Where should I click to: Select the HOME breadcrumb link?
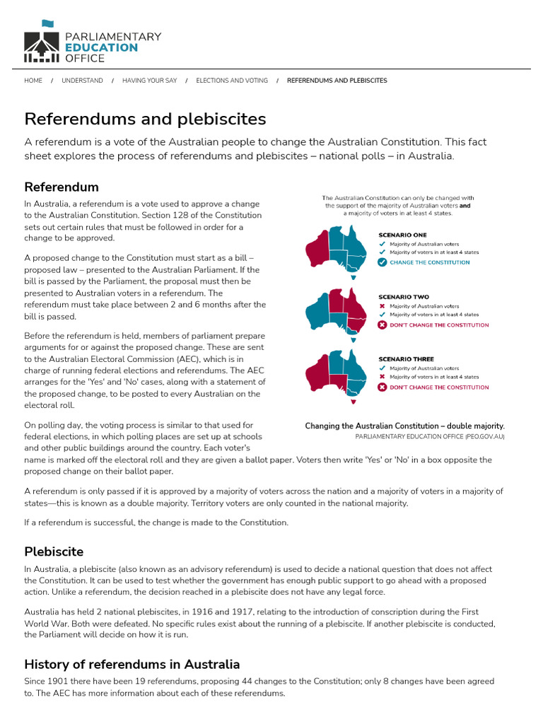[33, 81]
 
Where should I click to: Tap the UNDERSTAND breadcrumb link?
[82, 81]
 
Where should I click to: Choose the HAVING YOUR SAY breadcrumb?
[149, 81]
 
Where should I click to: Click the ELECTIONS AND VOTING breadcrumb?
[232, 81]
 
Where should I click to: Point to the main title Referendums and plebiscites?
[145, 118]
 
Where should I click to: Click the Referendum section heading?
[62, 187]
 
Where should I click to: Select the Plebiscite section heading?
[54, 551]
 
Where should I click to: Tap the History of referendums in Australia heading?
[132, 664]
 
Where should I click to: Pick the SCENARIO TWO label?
[403, 297]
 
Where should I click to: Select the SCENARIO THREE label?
[406, 359]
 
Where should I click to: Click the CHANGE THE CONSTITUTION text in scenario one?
[429, 262]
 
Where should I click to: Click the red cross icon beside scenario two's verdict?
[382, 325]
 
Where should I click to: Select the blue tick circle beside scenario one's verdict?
[382, 262]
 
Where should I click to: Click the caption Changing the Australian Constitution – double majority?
[404, 426]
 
